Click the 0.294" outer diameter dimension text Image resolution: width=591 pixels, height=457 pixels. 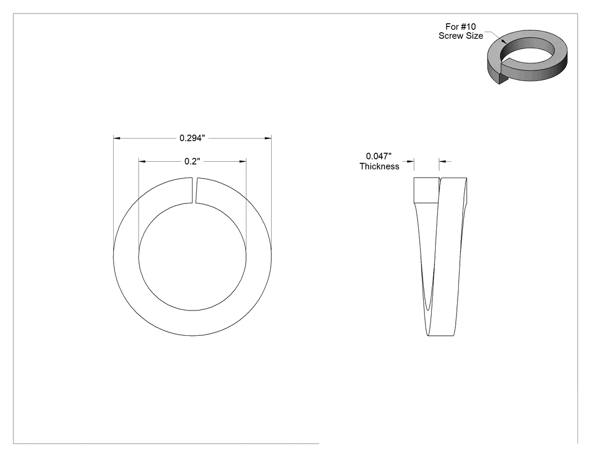pos(192,138)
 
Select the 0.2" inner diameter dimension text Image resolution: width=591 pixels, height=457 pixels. pos(192,162)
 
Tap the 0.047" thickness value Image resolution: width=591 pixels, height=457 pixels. pos(379,156)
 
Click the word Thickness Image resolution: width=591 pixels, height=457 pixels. pos(379,166)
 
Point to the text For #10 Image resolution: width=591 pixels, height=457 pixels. pos(460,27)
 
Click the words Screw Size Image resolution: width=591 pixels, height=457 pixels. pos(460,36)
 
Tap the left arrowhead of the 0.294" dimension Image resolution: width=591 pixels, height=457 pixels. pos(117,139)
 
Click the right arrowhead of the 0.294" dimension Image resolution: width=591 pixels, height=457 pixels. pos(268,139)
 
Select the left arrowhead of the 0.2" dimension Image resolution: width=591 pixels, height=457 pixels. pos(142,162)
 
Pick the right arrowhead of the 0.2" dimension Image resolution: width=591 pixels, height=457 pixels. pos(243,162)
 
